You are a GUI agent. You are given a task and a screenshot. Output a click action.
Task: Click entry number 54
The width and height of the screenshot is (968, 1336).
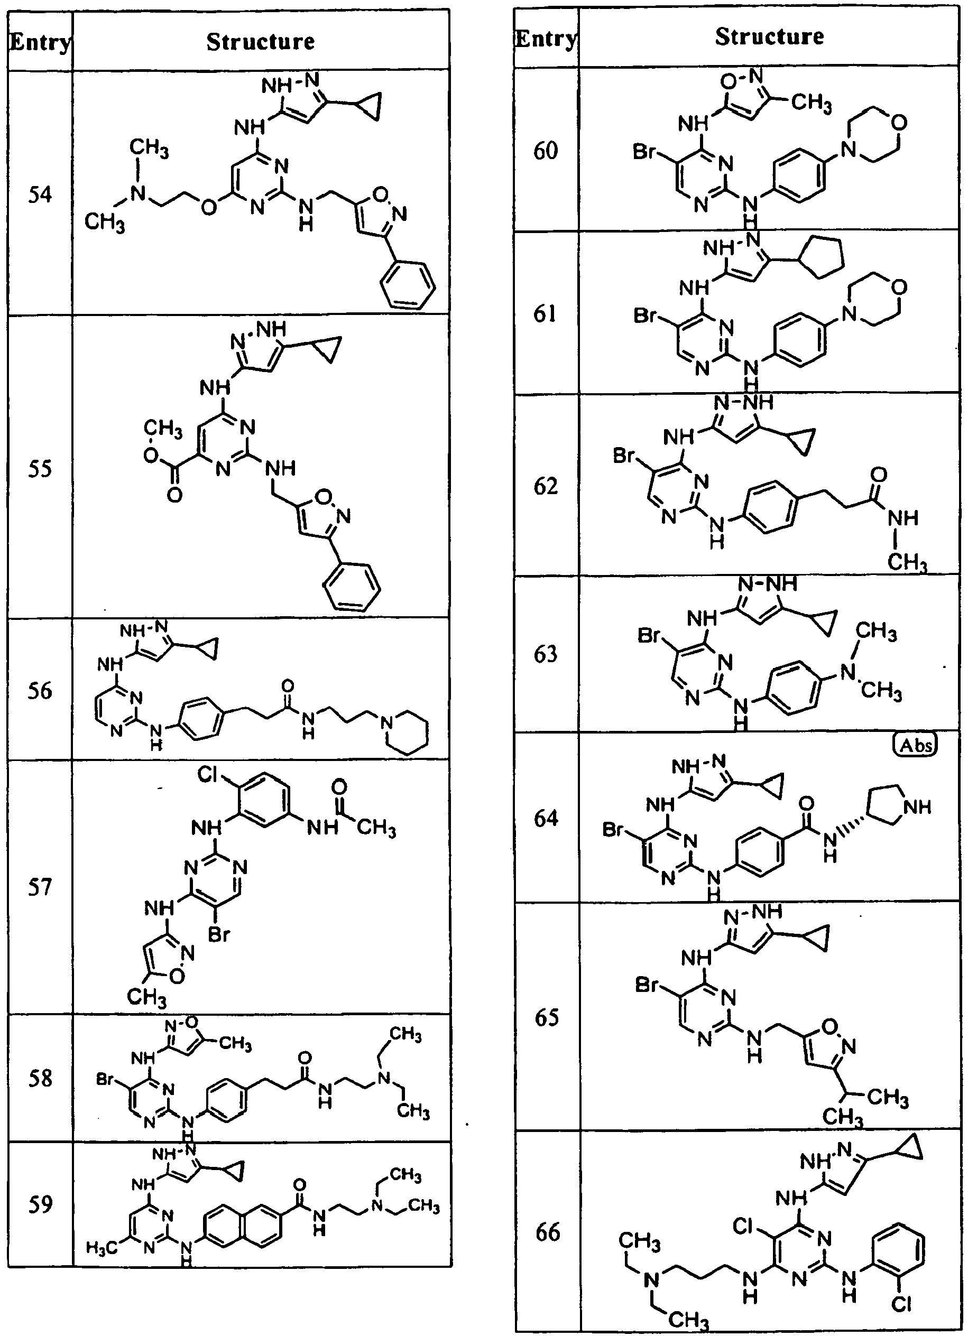click(x=40, y=194)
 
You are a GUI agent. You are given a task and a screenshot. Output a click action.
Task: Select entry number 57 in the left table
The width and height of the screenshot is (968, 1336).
click(x=40, y=887)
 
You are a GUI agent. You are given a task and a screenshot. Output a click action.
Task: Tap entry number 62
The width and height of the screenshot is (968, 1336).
click(x=546, y=486)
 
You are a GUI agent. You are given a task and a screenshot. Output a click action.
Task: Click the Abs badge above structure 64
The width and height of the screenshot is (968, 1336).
click(x=915, y=745)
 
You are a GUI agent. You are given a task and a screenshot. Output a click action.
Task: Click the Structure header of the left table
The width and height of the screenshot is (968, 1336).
click(x=261, y=42)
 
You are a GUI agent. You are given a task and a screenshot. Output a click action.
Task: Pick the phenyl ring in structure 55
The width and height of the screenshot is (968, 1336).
click(x=351, y=589)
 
